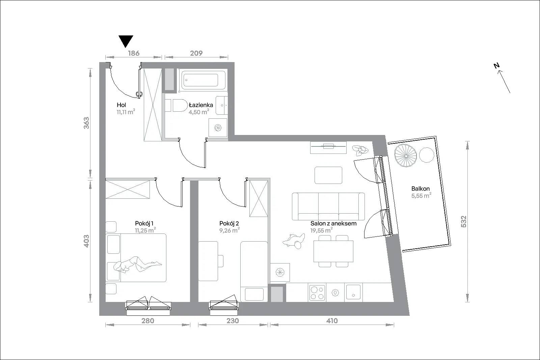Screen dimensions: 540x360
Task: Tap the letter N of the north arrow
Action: point(496,65)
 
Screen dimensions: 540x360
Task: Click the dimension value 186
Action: point(134,53)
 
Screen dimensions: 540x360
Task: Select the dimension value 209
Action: point(196,53)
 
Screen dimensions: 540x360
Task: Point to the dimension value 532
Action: point(464,221)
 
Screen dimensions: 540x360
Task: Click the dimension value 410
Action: point(332,321)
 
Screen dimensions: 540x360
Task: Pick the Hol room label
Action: point(121,105)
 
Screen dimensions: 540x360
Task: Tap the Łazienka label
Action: point(201,105)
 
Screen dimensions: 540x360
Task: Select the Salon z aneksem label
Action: point(333,223)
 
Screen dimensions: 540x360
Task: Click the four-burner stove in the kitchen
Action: point(317,293)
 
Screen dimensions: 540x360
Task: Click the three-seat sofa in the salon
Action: point(328,206)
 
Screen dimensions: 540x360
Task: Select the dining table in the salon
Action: point(333,251)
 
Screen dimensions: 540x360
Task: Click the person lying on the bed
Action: point(137,265)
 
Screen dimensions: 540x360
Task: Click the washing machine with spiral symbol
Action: point(218,128)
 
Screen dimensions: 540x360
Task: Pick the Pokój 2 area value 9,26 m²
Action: point(229,230)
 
